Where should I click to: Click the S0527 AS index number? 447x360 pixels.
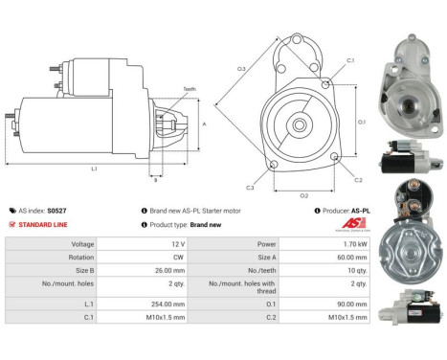click(57, 210)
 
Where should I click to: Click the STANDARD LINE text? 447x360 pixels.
click(44, 224)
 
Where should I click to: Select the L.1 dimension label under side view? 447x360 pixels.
click(94, 169)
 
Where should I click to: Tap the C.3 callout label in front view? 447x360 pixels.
click(249, 187)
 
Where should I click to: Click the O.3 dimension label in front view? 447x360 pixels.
click(241, 69)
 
